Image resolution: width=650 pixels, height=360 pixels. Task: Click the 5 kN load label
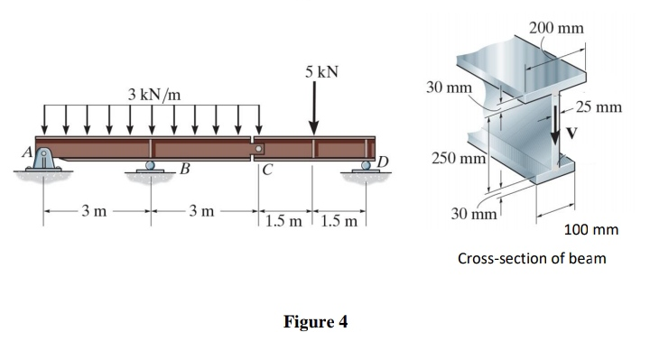point(321,71)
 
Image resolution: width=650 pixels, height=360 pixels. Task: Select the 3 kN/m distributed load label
point(153,94)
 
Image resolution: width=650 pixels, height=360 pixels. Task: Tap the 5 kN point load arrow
point(314,111)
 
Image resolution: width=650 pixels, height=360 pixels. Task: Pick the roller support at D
point(366,167)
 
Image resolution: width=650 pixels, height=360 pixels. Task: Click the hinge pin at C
point(258,149)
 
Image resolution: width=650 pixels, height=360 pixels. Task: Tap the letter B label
point(184,168)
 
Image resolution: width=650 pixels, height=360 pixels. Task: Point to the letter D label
point(382,162)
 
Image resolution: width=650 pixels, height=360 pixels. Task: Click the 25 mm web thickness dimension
point(597,107)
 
